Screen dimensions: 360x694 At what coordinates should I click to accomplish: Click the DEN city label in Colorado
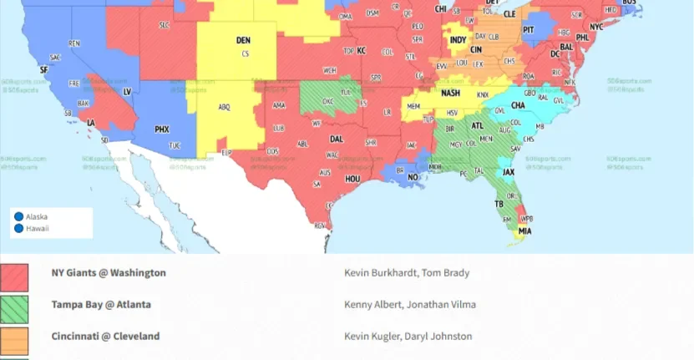point(243,40)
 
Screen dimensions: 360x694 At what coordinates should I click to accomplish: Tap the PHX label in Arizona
point(162,129)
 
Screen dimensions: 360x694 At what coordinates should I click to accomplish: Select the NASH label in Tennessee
point(450,94)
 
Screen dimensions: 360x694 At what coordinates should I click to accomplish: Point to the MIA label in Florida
point(524,231)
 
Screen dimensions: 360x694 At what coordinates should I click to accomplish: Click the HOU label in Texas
point(352,179)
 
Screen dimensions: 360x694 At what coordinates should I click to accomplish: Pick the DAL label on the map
point(336,139)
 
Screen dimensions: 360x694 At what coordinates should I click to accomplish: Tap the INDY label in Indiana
point(458,40)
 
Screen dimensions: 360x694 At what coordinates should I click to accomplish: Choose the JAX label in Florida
point(508,172)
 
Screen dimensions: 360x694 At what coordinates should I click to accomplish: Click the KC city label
point(362,51)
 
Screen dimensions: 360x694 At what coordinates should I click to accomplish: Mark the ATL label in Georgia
point(477,126)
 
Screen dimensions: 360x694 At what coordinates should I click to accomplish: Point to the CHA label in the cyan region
point(518,106)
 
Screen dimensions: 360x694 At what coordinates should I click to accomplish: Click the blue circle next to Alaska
point(18,216)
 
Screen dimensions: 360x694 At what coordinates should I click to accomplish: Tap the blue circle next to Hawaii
point(18,227)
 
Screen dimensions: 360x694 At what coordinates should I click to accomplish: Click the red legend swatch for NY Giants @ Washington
point(14,277)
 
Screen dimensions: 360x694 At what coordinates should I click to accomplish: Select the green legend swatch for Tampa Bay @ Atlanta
point(14,309)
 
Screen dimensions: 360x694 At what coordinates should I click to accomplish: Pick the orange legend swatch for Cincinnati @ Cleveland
point(14,340)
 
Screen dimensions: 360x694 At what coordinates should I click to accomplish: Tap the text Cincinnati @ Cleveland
point(105,337)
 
